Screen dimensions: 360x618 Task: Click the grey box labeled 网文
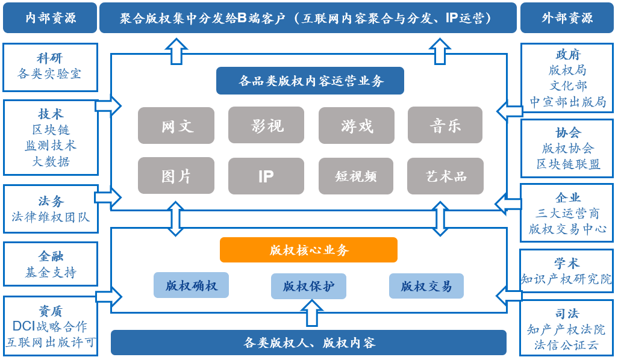(176, 125)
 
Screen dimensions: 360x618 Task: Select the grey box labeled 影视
(266, 125)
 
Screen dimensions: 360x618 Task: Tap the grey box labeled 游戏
(356, 125)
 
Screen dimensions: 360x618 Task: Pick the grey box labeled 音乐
(445, 125)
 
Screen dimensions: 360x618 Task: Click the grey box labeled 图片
(176, 176)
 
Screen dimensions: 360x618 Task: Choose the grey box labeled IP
(266, 176)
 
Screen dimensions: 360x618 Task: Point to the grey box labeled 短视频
(356, 176)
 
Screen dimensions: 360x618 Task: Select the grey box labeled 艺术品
(445, 176)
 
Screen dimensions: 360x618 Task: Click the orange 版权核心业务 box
(308, 250)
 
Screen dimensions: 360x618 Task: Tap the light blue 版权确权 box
(191, 285)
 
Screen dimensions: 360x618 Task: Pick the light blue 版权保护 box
(308, 286)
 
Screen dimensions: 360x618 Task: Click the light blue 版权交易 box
(426, 286)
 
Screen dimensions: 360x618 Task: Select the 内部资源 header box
(50, 17)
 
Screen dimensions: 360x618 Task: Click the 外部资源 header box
(567, 17)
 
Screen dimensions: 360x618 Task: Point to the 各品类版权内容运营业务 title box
(310, 81)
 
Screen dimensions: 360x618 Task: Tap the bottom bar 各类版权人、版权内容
(308, 343)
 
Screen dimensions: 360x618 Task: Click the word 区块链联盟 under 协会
(568, 164)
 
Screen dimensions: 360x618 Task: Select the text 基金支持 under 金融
(51, 273)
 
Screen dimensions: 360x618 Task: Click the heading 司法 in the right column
(567, 314)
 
